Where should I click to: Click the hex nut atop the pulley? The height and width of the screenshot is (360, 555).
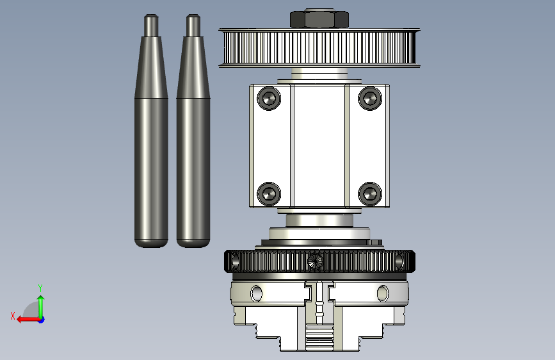point(319,19)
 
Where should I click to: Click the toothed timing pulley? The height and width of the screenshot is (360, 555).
point(319,48)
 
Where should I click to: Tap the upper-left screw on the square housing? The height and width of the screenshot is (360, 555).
point(269,98)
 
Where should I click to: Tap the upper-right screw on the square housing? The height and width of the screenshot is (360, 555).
point(370,98)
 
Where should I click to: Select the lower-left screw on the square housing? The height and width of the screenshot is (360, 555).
point(269,194)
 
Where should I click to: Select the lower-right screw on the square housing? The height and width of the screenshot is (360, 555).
point(370,194)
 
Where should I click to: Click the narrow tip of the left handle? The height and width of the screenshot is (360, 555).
point(151,25)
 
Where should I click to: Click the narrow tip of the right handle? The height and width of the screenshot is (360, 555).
point(193,25)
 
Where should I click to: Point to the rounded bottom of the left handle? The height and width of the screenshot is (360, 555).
point(151,243)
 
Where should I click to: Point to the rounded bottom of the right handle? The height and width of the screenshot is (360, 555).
point(193,243)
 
